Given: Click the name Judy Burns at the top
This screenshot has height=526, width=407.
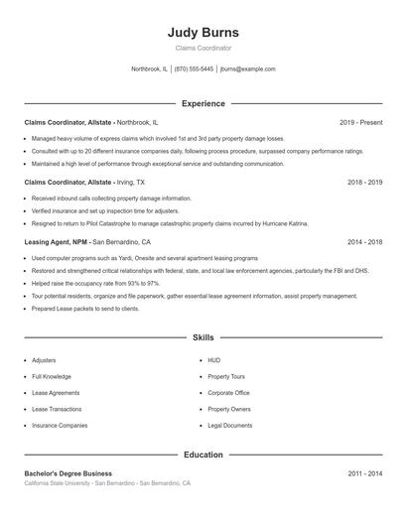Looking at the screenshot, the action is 203,33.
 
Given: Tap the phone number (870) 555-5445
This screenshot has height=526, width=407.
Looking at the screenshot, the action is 196,69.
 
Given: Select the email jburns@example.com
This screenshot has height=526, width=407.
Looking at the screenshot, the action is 247,69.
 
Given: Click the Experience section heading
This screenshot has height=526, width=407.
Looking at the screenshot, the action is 203,103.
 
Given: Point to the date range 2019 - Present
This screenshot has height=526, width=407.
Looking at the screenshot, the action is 360,122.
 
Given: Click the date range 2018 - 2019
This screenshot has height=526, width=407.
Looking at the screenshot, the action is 364,183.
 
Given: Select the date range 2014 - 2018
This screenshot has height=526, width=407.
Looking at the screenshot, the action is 364,242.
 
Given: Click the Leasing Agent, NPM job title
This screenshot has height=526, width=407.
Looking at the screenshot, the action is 56,242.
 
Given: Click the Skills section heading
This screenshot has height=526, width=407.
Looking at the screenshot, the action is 203,337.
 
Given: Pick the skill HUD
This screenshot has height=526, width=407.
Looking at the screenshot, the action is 213,360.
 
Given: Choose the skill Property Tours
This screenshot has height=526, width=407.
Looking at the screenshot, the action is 225,377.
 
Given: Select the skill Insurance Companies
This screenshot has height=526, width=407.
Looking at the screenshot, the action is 60,425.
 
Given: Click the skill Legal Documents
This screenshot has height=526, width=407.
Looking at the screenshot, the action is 229,425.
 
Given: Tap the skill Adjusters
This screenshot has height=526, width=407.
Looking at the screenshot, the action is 44,360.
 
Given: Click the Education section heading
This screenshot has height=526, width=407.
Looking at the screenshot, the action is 203,455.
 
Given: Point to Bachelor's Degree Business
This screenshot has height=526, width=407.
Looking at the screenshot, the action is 68,474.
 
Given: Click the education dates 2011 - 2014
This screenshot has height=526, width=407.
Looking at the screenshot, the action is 364,474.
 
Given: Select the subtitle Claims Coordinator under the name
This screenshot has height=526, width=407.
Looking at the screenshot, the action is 203,48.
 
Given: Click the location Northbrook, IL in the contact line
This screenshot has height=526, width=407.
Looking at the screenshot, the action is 151,69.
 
